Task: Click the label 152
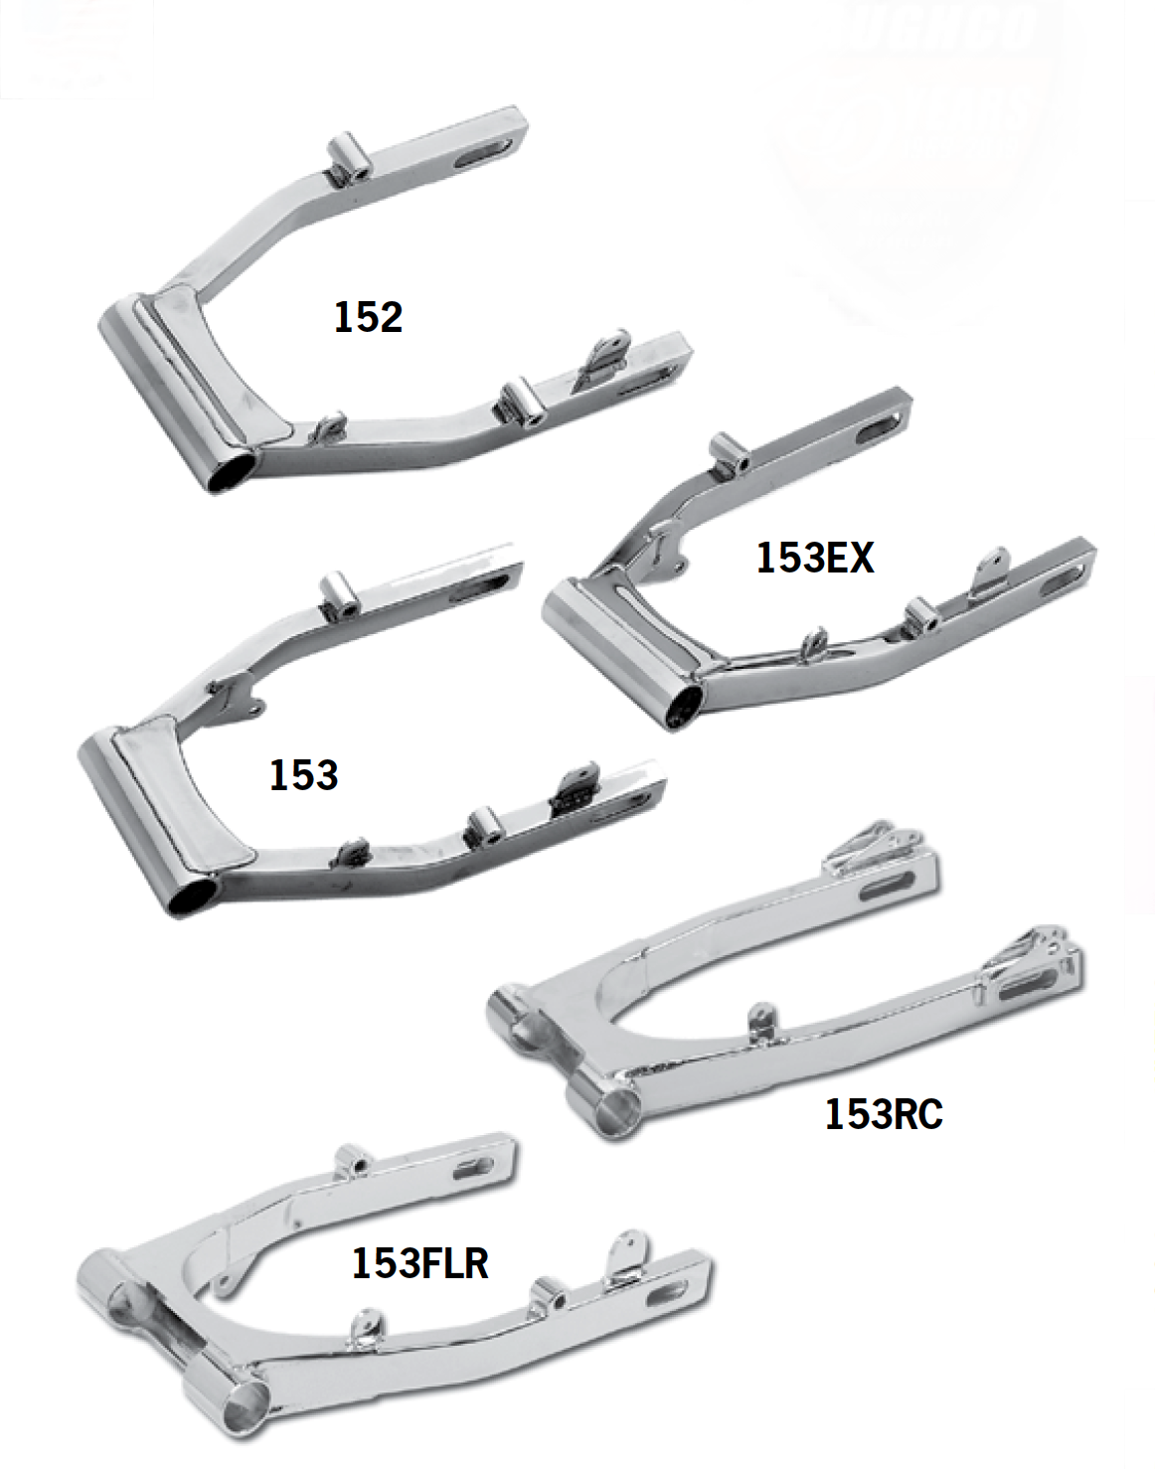click(x=368, y=317)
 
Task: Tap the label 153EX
click(x=815, y=558)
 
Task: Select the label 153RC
click(x=884, y=1114)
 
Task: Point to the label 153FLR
click(x=419, y=1263)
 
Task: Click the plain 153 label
click(x=303, y=775)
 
